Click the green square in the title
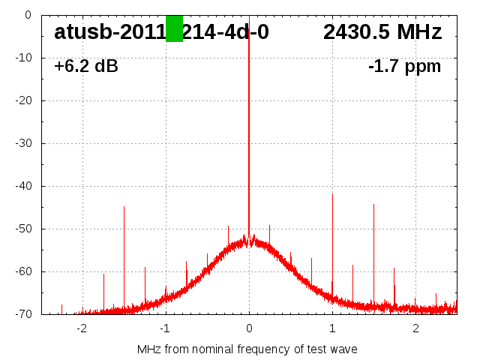pyautogui.click(x=174, y=28)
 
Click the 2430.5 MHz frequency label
pyautogui.click(x=382, y=32)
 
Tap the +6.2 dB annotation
pyautogui.click(x=86, y=67)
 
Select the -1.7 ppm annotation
pyautogui.click(x=404, y=67)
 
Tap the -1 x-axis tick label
pyautogui.click(x=164, y=328)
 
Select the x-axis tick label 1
pyautogui.click(x=332, y=328)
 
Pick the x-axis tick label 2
pyautogui.click(x=415, y=328)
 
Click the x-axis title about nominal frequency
pyautogui.click(x=247, y=349)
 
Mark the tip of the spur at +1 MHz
pyautogui.click(x=332, y=193)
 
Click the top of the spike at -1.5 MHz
pyautogui.click(x=124, y=206)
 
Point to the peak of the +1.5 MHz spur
pyautogui.click(x=373, y=204)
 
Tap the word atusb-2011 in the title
pyautogui.click(x=109, y=32)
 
